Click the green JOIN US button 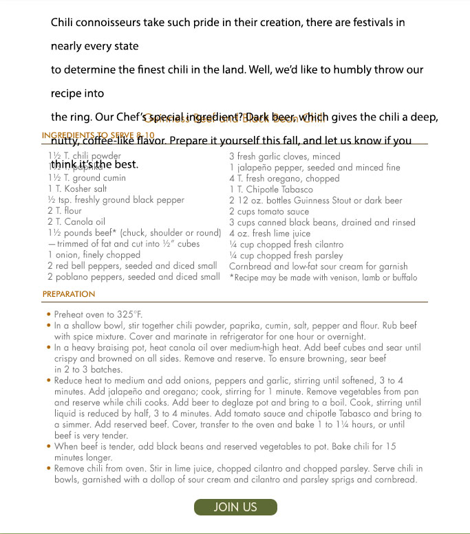(235, 507)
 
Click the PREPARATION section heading (69, 294)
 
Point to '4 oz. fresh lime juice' (270, 233)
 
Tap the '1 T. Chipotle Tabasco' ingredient (271, 189)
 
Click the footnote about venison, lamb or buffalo (323, 278)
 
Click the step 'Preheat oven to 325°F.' (98, 315)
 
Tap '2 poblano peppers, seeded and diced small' (133, 277)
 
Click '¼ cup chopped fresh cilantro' (286, 244)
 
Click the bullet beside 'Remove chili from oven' (49, 469)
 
